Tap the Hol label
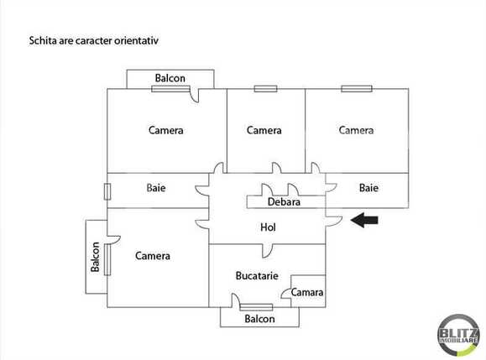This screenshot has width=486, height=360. point(268,227)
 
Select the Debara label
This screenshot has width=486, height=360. point(285,202)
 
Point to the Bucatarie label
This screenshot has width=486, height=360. point(256,275)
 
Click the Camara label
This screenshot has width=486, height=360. point(307,293)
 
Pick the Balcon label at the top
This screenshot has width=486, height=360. point(170,79)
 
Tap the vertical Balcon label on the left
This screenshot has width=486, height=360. point(96,258)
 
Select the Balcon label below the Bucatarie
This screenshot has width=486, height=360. point(259,319)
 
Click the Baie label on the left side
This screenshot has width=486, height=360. point(156,188)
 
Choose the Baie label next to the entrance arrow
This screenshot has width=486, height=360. point(368,188)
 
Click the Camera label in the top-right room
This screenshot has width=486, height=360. point(356,130)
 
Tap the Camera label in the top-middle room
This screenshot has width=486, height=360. point(264,130)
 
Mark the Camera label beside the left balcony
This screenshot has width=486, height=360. point(153,256)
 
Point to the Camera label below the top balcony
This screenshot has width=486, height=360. point(166,130)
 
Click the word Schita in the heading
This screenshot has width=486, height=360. point(44,39)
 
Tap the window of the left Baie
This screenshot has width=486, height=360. point(107,190)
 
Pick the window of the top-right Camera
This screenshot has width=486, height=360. point(357,87)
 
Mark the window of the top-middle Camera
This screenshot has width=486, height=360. point(265,87)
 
